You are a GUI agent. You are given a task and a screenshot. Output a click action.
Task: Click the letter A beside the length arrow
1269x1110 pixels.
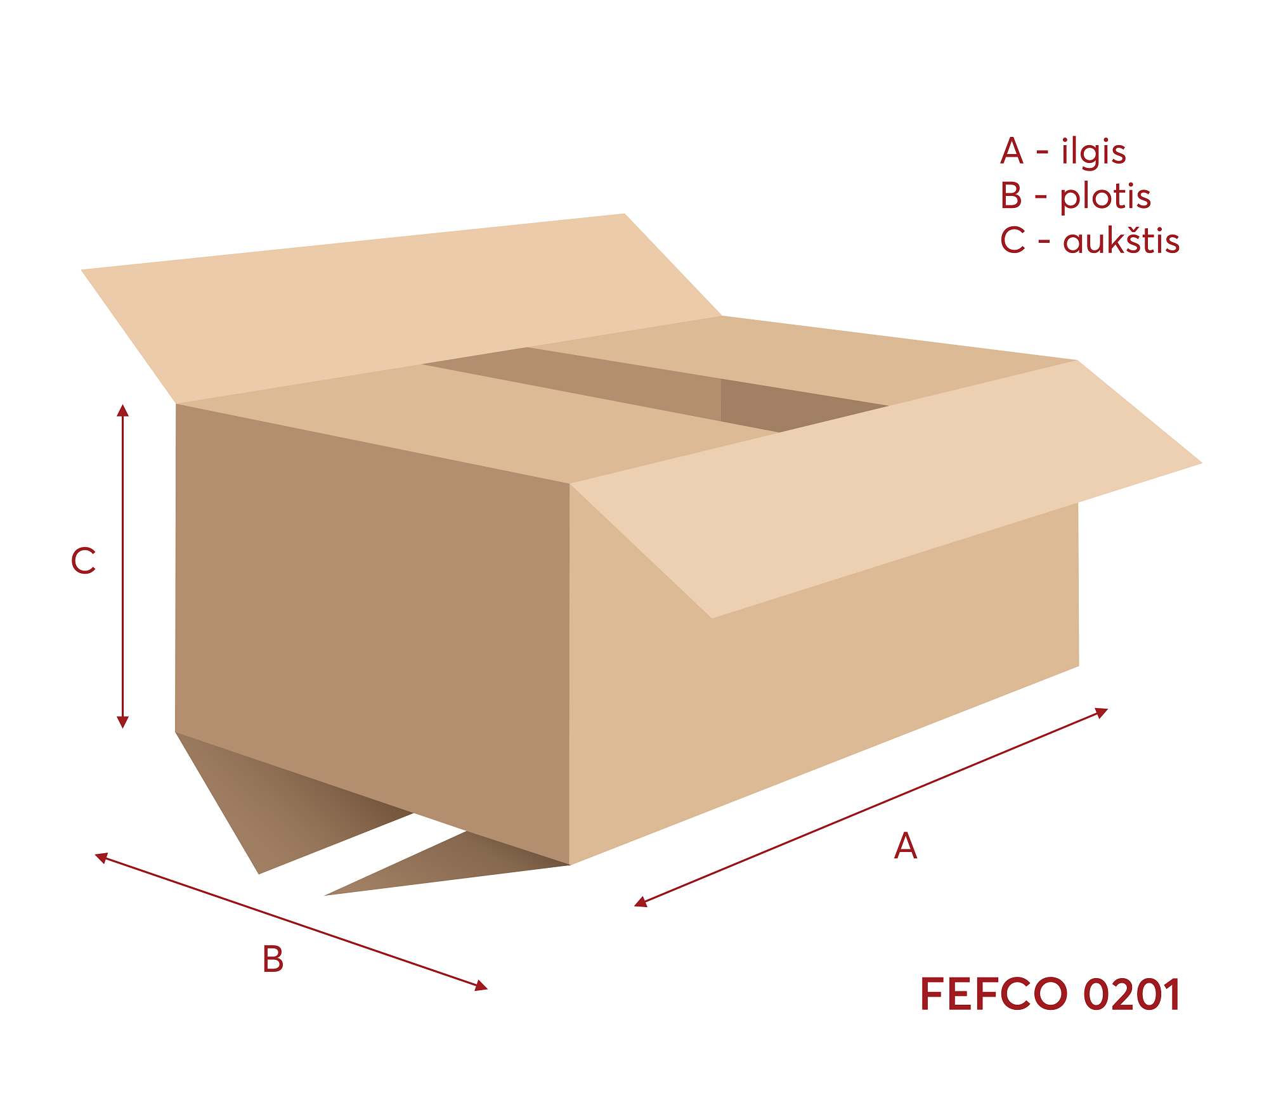click(x=905, y=846)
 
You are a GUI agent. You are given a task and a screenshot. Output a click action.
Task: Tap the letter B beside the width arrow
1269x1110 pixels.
click(x=273, y=959)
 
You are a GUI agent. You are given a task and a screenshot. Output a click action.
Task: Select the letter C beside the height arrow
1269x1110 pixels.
click(x=83, y=561)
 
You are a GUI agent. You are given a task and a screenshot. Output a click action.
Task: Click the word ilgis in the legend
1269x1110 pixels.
click(x=1094, y=152)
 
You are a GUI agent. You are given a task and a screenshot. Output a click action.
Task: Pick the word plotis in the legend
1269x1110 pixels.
click(x=1105, y=197)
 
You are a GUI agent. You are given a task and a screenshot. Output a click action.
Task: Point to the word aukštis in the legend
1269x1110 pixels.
click(x=1121, y=242)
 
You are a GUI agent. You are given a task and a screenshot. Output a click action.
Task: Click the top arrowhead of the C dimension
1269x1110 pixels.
click(x=123, y=410)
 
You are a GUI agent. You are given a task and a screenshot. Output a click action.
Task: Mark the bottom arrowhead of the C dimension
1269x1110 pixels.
click(x=123, y=722)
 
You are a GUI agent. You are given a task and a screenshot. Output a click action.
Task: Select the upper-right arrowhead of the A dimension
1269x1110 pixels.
click(x=1102, y=712)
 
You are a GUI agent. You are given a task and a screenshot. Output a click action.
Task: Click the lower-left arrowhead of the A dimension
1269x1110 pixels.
click(x=641, y=903)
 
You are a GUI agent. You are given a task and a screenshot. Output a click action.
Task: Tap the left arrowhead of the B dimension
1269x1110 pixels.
click(x=101, y=857)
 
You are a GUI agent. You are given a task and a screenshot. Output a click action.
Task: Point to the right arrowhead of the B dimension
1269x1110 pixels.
click(x=482, y=986)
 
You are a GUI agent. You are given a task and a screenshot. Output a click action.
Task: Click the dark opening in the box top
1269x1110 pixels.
click(x=666, y=387)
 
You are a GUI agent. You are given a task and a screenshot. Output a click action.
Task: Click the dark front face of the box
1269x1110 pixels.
click(x=374, y=602)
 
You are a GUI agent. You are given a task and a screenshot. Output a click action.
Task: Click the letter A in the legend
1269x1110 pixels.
click(x=1012, y=152)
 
